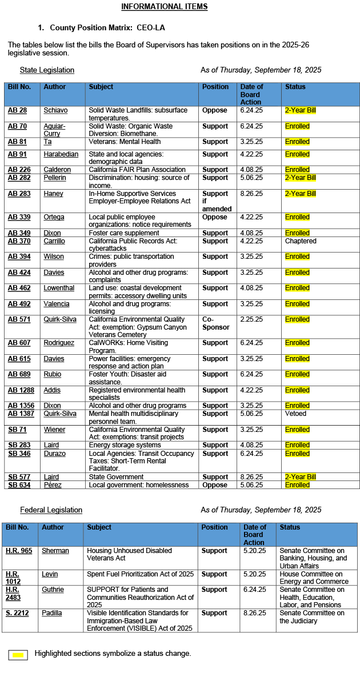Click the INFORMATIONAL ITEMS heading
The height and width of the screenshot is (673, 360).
[x=165, y=7]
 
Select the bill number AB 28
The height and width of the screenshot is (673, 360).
[x=17, y=110]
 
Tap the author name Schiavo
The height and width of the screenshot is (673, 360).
[x=55, y=110]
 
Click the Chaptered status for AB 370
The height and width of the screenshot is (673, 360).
[x=301, y=241]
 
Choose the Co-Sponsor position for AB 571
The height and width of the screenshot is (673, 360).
[x=215, y=323]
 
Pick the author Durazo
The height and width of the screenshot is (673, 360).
[x=55, y=453]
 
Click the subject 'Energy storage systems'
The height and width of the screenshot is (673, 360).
[x=125, y=445]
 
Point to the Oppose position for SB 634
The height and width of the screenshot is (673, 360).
[x=214, y=485]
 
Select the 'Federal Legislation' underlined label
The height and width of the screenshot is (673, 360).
[x=51, y=510]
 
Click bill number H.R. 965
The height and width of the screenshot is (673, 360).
[x=19, y=551]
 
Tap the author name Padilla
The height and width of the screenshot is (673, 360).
[x=53, y=613]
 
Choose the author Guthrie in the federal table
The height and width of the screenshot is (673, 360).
[x=53, y=590]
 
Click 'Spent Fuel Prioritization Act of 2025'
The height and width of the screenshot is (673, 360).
[x=140, y=574]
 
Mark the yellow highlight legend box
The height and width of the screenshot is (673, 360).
[x=18, y=655]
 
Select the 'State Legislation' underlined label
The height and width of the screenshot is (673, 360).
[x=47, y=70]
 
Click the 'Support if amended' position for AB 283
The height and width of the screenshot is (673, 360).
[x=215, y=202]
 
